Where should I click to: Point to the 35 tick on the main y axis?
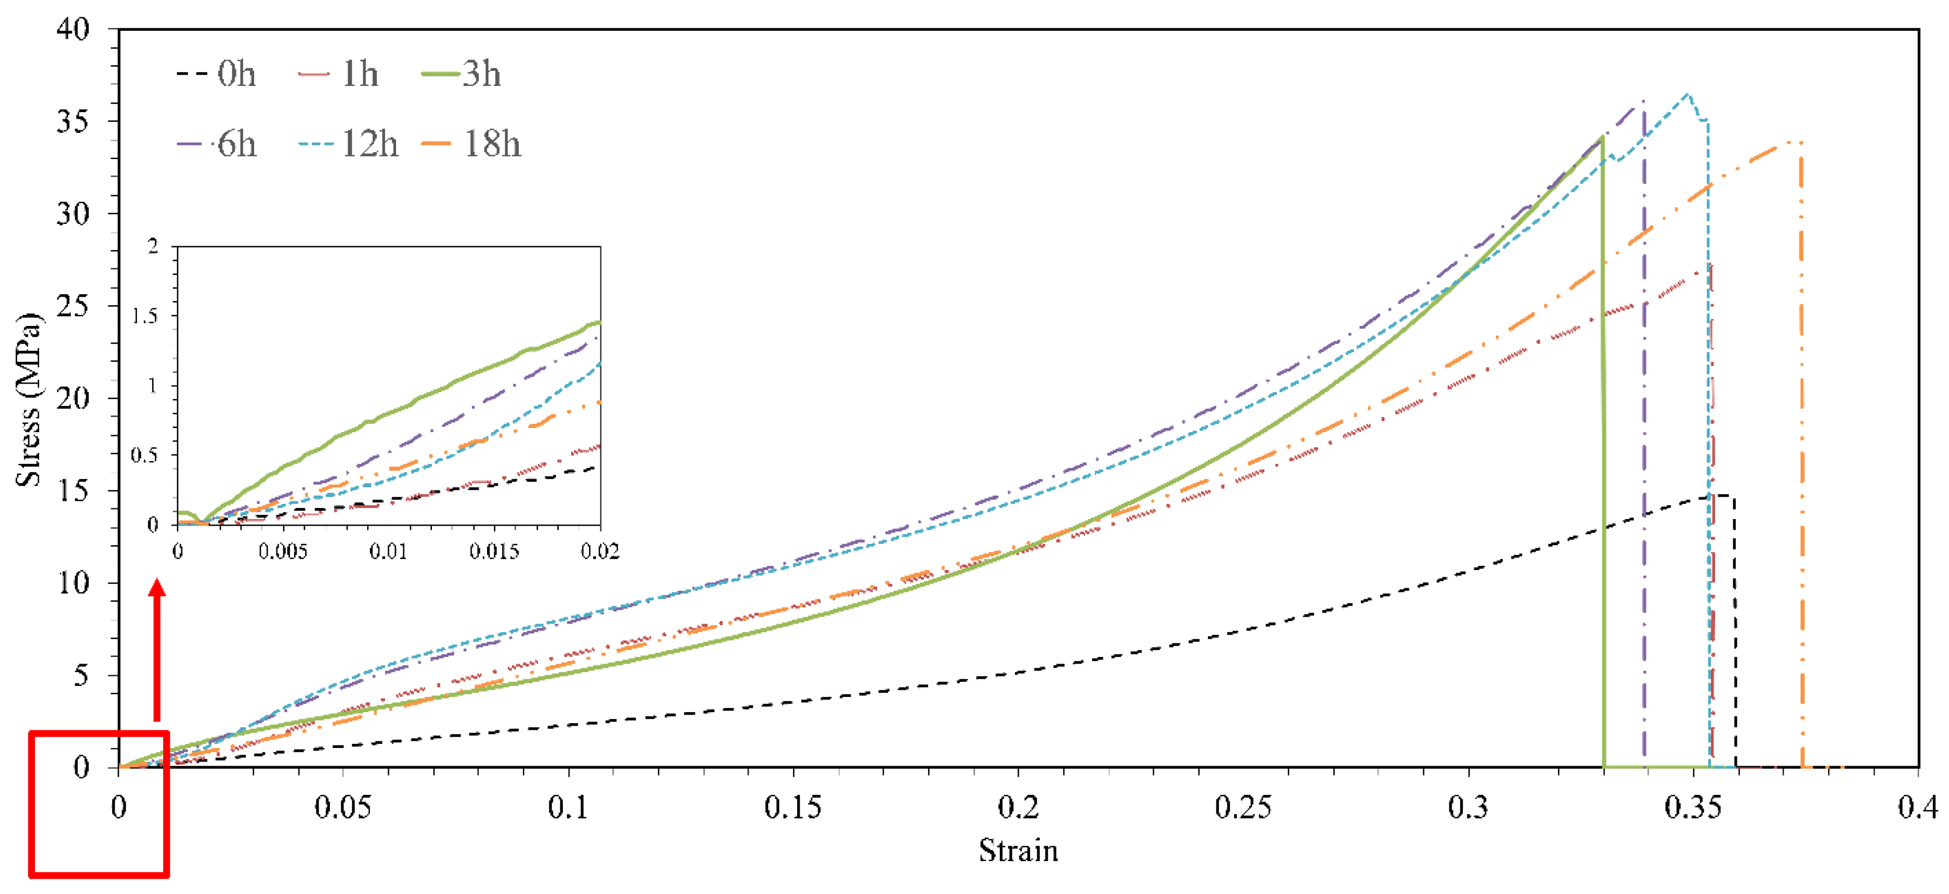73,121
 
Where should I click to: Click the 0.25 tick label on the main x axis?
1242,808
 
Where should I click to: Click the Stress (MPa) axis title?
29,399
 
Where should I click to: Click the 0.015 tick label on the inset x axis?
494,551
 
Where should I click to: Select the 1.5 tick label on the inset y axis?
144,316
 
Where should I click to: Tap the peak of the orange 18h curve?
1786,143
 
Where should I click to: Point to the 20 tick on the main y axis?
73,398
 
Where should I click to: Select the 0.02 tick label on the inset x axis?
599,551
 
